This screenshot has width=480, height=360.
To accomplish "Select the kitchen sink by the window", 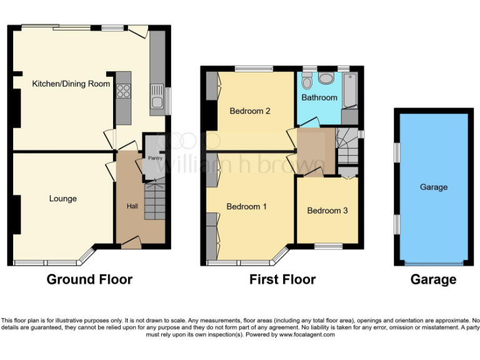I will (156, 99).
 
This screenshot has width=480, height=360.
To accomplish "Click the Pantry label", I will (155, 158).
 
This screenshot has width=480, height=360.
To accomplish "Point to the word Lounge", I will (63, 199).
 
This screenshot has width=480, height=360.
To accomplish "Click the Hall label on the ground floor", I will (133, 206).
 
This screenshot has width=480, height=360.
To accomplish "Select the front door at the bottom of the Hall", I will (131, 244).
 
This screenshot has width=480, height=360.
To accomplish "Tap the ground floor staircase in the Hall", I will (154, 200).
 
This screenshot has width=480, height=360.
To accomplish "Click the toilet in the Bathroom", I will (306, 82).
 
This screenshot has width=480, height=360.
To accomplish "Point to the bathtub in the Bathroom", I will (349, 92).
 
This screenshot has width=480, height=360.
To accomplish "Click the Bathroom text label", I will (319, 97).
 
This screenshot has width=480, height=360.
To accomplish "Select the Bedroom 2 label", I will (249, 111).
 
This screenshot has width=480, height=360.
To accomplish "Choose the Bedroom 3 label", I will (327, 211).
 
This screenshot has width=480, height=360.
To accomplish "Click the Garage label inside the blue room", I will (433, 187).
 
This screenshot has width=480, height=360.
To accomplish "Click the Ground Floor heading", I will (89, 279).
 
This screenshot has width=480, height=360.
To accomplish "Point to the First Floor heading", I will (282, 279).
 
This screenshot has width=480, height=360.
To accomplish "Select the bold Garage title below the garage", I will (433, 279).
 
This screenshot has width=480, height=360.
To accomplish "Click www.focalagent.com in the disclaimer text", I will (307, 335).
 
